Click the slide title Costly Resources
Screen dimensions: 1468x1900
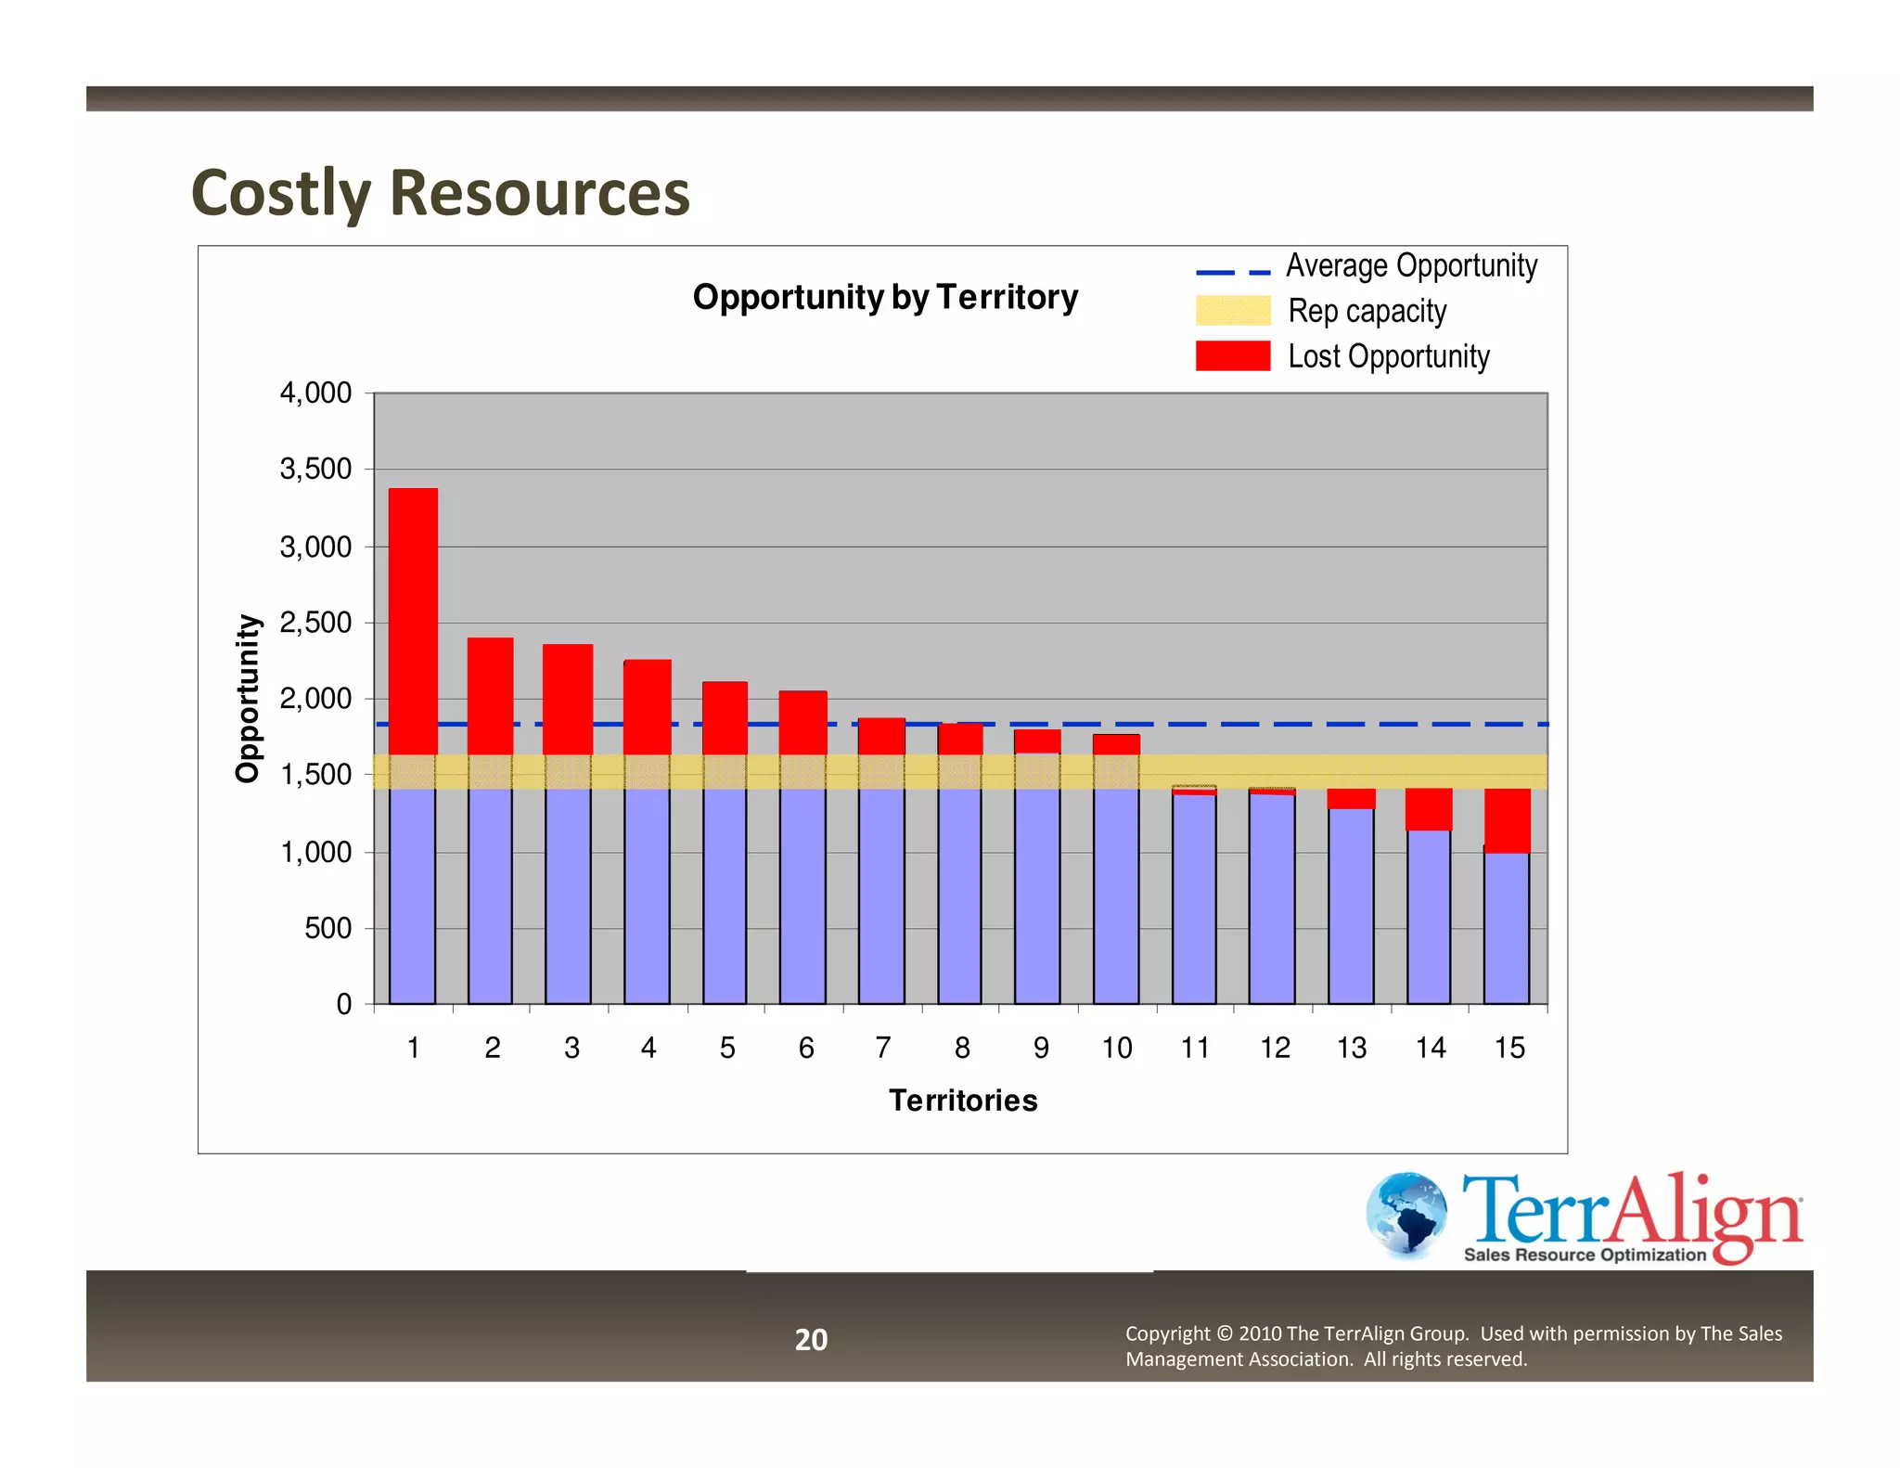tap(440, 193)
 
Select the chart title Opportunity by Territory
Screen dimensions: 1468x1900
tap(885, 297)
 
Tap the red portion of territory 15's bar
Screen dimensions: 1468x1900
tap(1508, 819)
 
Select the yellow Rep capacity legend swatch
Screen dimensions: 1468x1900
tap(1232, 311)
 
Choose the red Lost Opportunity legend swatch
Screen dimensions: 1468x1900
tap(1232, 356)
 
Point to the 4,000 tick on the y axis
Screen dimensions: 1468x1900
tap(315, 393)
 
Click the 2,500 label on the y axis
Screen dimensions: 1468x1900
tap(315, 623)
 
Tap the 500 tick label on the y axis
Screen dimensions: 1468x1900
tap(327, 928)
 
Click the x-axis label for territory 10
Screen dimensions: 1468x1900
tap(1116, 1048)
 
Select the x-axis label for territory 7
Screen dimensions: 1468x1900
tap(882, 1048)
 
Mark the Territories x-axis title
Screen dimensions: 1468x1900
tap(963, 1101)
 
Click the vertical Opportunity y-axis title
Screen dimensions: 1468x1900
tap(248, 698)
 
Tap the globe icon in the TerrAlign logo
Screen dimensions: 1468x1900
tap(1406, 1215)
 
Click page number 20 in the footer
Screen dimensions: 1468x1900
tap(811, 1340)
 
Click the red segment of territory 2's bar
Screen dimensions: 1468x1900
tap(490, 696)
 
